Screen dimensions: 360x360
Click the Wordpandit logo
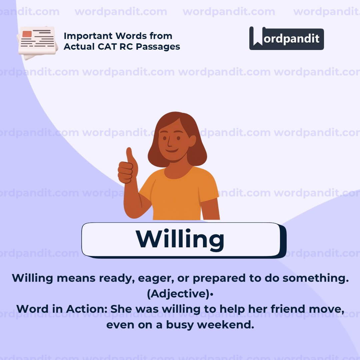(286, 38)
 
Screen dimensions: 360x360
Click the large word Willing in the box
(180, 239)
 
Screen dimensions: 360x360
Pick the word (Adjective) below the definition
(178, 294)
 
